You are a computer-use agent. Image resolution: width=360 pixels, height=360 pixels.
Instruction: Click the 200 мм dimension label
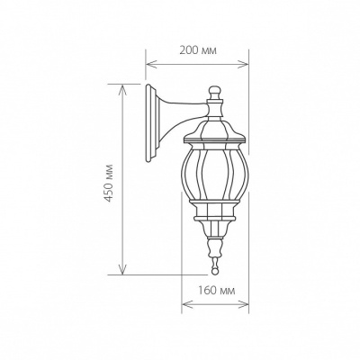point(199,50)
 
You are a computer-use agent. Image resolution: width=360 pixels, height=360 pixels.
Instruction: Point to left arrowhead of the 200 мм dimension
point(149,64)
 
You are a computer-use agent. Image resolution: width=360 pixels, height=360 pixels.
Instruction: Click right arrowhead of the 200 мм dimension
point(246,64)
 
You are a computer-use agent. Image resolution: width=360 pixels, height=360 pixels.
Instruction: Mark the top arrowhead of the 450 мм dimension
point(121,86)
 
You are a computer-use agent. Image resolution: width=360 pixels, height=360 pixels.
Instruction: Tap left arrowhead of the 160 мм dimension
point(185,304)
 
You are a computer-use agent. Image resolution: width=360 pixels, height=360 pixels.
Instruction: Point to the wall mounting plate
point(150,126)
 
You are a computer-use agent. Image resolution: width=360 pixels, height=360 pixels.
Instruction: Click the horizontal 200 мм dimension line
point(198,64)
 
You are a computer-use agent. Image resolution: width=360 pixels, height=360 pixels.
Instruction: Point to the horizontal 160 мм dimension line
point(215,304)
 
